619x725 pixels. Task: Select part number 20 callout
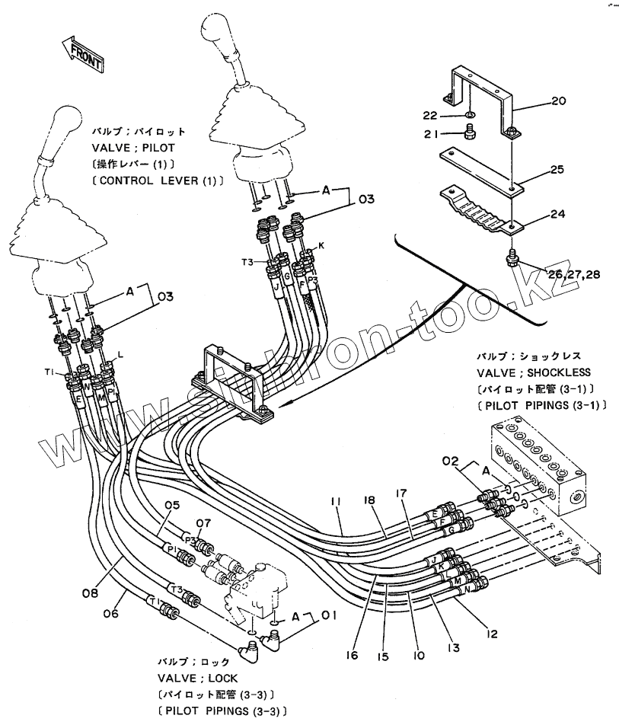559,101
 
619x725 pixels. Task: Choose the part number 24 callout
559,214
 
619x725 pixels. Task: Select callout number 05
172,505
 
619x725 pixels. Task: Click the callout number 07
203,523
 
